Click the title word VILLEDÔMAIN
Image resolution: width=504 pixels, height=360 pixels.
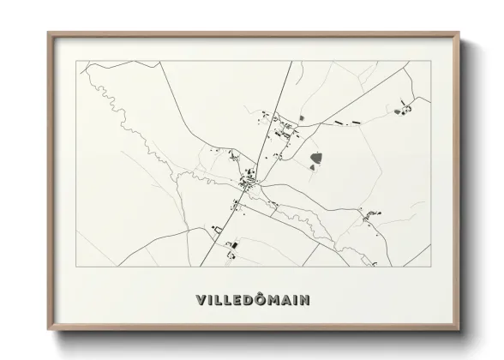coord(253,300)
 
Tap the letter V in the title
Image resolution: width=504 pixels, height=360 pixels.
coord(201,301)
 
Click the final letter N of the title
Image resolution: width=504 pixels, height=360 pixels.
coord(306,301)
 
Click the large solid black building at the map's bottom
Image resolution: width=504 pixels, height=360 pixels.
coord(230,246)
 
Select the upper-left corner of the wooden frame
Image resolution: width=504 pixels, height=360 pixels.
coord(50,35)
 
